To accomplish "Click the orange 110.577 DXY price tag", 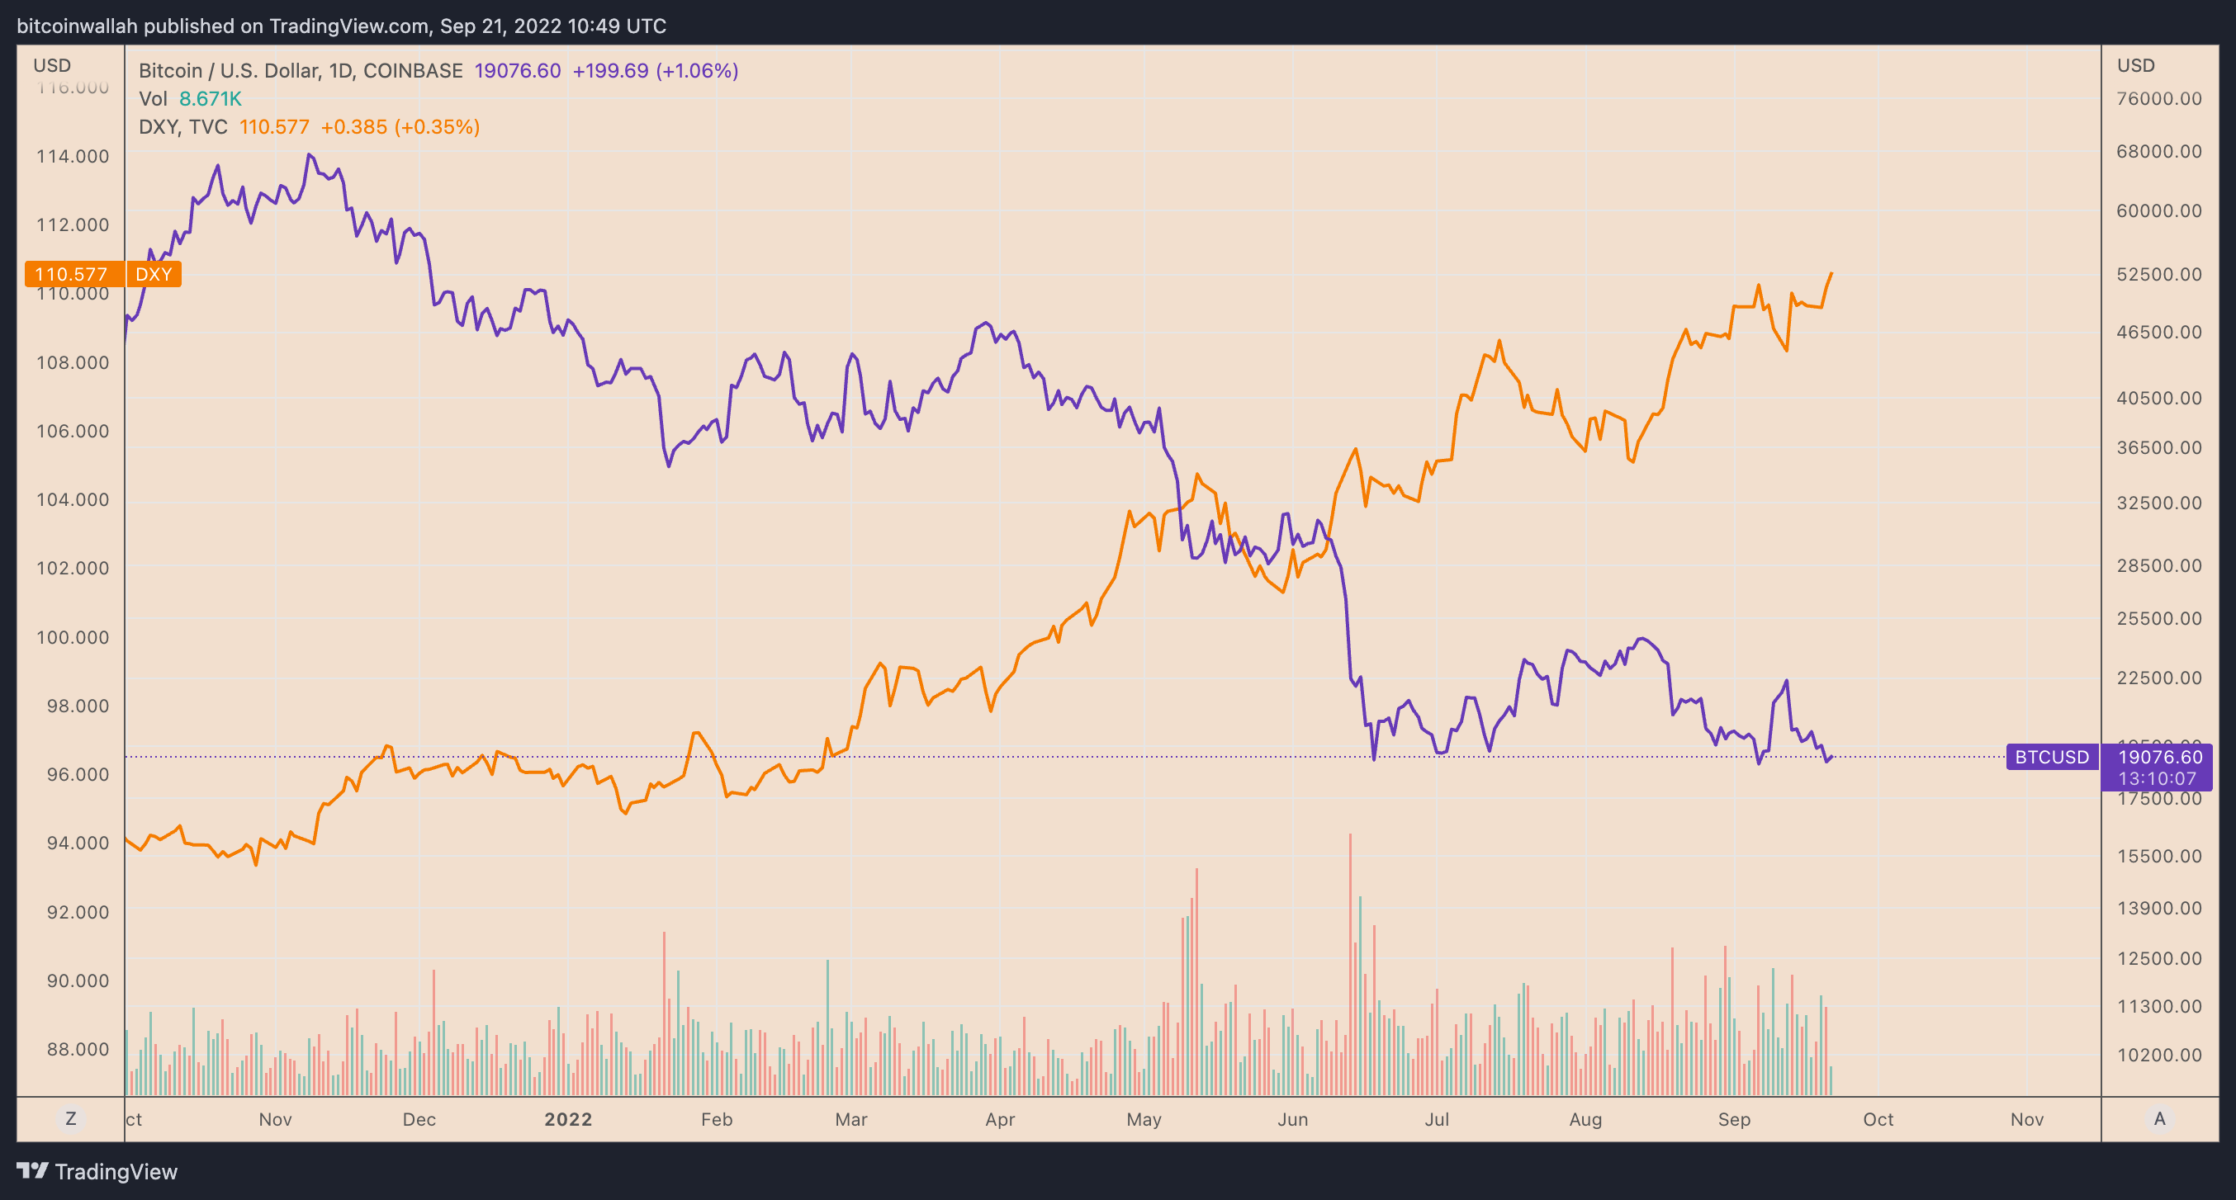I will pyautogui.click(x=71, y=274).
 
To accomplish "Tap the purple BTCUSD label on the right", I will pyautogui.click(x=2051, y=757).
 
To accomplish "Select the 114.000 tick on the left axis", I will pyautogui.click(x=73, y=156).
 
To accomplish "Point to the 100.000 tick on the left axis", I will pyautogui.click(x=73, y=637).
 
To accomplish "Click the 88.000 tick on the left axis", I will pyautogui.click(x=78, y=1049).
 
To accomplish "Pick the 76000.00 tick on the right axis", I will pyautogui.click(x=2158, y=99).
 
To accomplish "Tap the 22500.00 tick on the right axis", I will pyautogui.click(x=2158, y=678).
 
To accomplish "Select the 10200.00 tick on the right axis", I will pyautogui.click(x=2158, y=1055).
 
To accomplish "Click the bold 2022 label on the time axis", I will pyautogui.click(x=568, y=1119).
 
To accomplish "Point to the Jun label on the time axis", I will pyautogui.click(x=1292, y=1119).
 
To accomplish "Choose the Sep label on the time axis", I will pyautogui.click(x=1733, y=1119).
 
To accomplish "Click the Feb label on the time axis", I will pyautogui.click(x=716, y=1119).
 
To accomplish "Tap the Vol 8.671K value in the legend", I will pyautogui.click(x=210, y=99).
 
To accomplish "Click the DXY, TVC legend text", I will pyautogui.click(x=183, y=126).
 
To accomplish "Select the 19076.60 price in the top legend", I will pyautogui.click(x=518, y=70).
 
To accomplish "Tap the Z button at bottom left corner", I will pyautogui.click(x=70, y=1118).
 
